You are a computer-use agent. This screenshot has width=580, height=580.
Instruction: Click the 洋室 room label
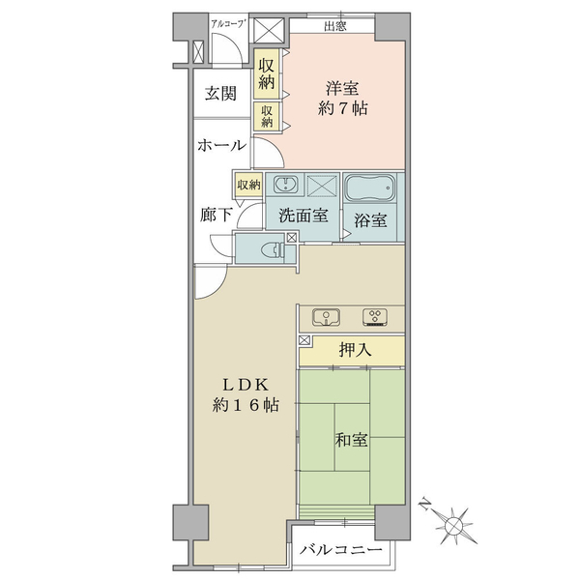click(x=342, y=89)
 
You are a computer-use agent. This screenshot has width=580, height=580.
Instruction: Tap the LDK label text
click(x=246, y=386)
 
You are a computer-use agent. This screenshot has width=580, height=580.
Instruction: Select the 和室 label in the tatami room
click(x=352, y=440)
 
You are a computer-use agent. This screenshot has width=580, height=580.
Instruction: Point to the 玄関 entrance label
click(x=220, y=93)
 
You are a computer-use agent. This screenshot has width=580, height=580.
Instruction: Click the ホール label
click(x=221, y=145)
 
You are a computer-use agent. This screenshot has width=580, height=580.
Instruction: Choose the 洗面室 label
click(x=304, y=216)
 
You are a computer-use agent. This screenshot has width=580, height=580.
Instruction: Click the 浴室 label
click(x=370, y=220)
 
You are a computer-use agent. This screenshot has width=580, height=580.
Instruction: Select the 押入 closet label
click(x=355, y=350)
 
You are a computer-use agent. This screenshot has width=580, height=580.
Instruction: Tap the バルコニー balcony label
click(x=340, y=550)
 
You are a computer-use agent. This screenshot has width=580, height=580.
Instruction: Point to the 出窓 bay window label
click(x=335, y=26)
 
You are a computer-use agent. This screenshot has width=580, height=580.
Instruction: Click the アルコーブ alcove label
click(x=228, y=24)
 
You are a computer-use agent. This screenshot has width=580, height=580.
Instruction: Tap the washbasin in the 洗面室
click(x=286, y=185)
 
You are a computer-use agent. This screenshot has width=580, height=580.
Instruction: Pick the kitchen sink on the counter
click(x=327, y=317)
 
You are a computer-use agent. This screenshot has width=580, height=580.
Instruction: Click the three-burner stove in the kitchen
click(x=375, y=317)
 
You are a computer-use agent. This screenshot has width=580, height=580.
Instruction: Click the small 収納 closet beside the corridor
click(x=249, y=185)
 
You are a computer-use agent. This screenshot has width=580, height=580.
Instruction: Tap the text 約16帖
click(x=246, y=405)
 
